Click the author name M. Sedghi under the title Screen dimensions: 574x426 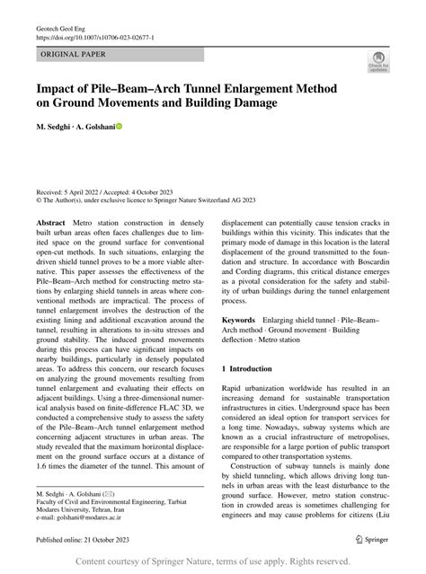pos(57,128)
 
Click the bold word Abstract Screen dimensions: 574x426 pos(51,221)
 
